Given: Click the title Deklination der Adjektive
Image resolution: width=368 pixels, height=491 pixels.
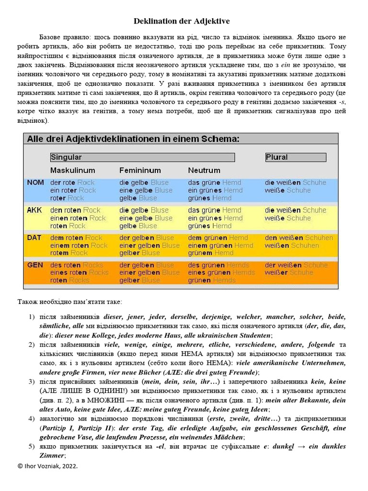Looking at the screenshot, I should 181,21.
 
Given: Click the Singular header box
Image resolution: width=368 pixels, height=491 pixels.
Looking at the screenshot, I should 142,157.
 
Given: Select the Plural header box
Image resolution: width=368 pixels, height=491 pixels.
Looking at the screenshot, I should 296,157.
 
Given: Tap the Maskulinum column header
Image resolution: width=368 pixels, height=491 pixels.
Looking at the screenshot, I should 72,170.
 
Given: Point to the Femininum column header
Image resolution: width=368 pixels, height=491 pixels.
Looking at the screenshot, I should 140,170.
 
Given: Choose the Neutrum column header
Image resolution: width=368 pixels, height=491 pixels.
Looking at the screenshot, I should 204,170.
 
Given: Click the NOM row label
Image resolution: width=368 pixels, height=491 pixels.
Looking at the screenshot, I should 35,183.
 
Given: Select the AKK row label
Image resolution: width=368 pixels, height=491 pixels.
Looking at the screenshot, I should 34,210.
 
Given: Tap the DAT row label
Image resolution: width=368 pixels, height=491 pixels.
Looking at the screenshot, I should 34,237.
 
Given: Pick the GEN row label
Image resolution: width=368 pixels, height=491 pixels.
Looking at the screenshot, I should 35,265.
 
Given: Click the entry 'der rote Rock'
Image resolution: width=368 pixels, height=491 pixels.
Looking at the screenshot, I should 72,183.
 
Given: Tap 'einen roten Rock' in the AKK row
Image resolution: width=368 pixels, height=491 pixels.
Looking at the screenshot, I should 78,218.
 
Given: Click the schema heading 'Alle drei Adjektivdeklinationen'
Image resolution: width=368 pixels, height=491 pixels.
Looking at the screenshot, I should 133,140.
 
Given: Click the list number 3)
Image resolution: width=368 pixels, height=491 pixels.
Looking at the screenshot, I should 32,382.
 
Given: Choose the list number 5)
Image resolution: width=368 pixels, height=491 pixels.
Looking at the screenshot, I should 32,446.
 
